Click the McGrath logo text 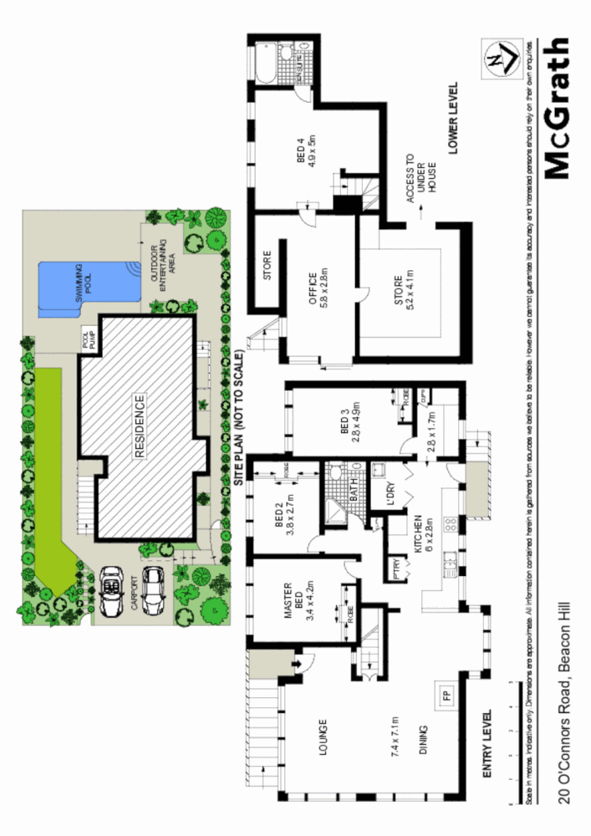tap(556, 108)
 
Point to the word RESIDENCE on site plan tap(140, 425)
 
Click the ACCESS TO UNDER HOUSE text tap(420, 184)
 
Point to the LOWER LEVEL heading tap(453, 120)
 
